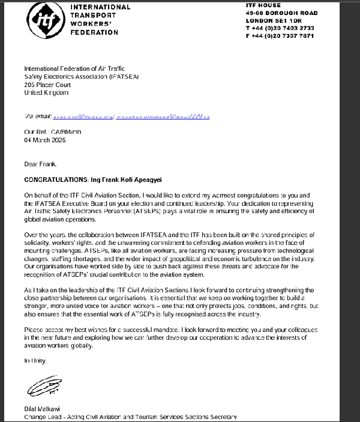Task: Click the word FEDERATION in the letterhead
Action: point(95,32)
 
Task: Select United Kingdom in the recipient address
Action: point(46,92)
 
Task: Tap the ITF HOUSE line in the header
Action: point(263,5)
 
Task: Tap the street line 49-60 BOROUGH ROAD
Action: point(282,13)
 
